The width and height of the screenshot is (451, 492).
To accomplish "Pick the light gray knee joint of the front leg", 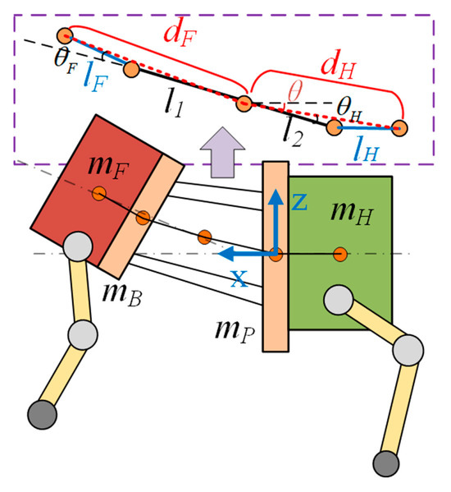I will pos(81,334).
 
